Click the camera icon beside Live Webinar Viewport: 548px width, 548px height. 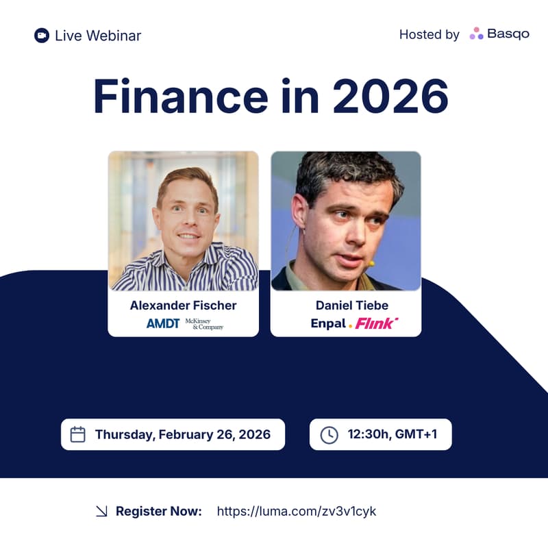tap(42, 35)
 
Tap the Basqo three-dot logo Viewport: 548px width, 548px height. tap(476, 34)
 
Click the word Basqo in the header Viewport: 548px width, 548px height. tap(508, 34)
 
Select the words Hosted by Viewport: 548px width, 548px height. tap(429, 34)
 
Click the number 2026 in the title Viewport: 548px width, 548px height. tap(390, 97)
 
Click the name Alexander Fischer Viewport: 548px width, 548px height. tap(183, 305)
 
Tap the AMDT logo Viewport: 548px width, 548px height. tap(163, 323)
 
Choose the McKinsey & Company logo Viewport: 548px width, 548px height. tap(204, 323)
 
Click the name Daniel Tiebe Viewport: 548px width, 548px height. tap(346, 305)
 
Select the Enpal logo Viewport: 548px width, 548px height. tap(329, 323)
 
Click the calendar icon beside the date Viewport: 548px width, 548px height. tap(78, 434)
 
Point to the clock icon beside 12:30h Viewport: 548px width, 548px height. tap(329, 434)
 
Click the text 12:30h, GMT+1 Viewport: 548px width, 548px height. tap(390, 434)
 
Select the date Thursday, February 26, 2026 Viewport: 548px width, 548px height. tap(182, 434)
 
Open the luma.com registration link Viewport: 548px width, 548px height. tap(297, 511)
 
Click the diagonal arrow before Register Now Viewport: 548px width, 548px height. tap(101, 511)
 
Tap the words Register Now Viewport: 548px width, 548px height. tap(158, 511)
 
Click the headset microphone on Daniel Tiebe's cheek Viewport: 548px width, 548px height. tap(370, 262)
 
